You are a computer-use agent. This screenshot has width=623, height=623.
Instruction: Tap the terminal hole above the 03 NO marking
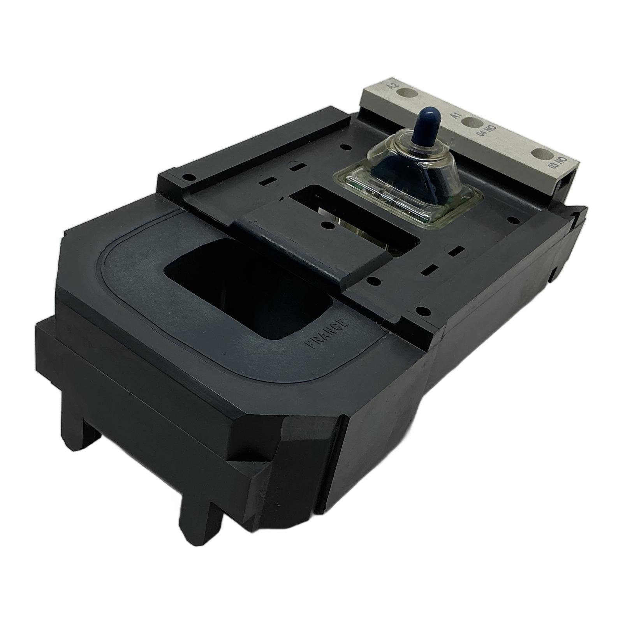click(x=542, y=155)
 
